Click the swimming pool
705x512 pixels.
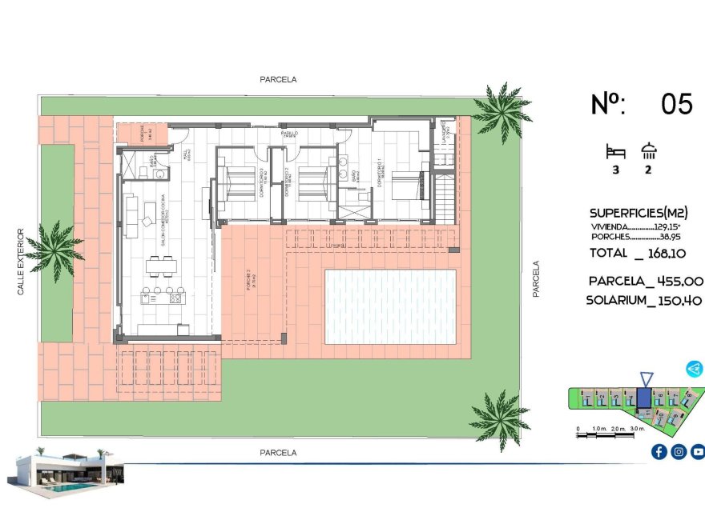pyautogui.click(x=389, y=305)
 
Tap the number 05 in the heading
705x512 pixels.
pyautogui.click(x=677, y=104)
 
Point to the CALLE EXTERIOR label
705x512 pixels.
pyautogui.click(x=22, y=262)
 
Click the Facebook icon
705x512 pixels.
pyautogui.click(x=659, y=452)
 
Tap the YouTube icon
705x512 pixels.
pyautogui.click(x=697, y=452)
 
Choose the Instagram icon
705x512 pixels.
pyautogui.click(x=678, y=452)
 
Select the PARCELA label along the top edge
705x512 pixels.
pyautogui.click(x=278, y=79)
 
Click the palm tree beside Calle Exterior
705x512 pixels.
pyautogui.click(x=54, y=249)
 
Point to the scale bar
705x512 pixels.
pyautogui.click(x=610, y=430)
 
